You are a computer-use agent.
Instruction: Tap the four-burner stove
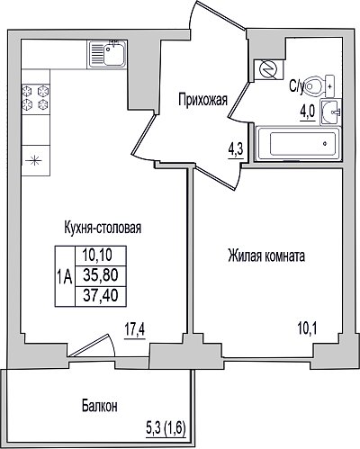point(36,97)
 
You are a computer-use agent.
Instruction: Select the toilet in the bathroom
point(319,86)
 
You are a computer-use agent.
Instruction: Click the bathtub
point(298,144)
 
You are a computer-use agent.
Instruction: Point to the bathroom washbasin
point(330,112)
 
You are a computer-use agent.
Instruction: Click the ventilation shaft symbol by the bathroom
point(269,70)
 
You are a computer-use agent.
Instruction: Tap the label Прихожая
point(202,100)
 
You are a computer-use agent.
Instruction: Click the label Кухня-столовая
point(103,228)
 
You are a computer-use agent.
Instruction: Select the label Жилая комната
point(266,256)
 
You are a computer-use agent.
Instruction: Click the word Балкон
point(100,406)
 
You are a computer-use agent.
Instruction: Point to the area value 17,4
point(135,330)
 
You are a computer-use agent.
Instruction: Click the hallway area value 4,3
point(236,149)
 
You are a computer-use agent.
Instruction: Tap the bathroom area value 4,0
point(308,112)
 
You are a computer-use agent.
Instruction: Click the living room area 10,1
point(308,329)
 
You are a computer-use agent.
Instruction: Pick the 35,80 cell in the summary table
point(101,275)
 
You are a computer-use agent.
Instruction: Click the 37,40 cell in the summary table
point(101,296)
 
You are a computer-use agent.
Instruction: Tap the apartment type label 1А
point(65,277)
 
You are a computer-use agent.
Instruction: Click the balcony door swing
point(92,346)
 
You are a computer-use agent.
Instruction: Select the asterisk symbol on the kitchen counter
point(35,160)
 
